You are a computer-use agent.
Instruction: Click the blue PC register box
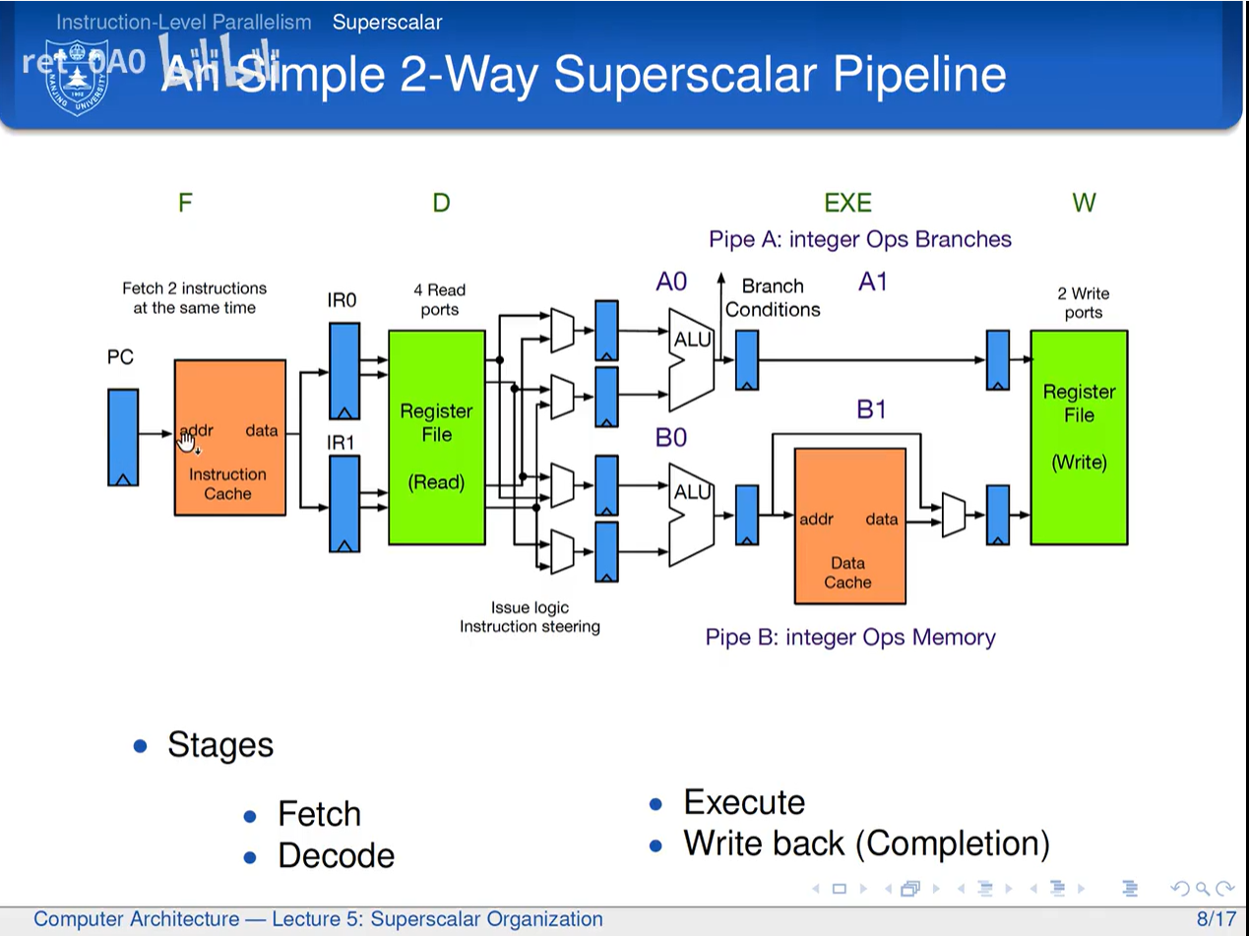[x=123, y=437]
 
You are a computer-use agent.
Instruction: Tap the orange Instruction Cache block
[x=230, y=437]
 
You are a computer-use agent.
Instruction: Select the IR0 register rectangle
[x=343, y=370]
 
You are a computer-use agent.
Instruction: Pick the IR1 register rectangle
[x=343, y=502]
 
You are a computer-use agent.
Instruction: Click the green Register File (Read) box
[x=437, y=437]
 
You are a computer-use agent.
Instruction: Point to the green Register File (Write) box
[x=1079, y=437]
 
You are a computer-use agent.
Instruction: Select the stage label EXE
[x=847, y=203]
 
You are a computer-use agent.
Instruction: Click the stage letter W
[x=1084, y=203]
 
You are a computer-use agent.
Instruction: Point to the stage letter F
[x=185, y=203]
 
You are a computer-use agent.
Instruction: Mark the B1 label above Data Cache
[x=872, y=408]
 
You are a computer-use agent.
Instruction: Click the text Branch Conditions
[x=773, y=297]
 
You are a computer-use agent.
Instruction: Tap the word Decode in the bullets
[x=336, y=855]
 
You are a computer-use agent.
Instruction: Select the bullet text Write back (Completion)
[x=866, y=843]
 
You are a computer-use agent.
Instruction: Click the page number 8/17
[x=1216, y=919]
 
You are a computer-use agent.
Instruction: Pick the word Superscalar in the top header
[x=387, y=22]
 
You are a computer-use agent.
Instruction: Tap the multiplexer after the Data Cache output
[x=953, y=515]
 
